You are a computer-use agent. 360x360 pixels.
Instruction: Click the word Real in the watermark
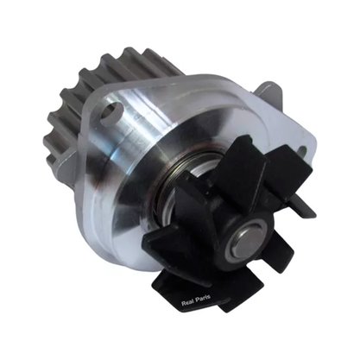[186, 303]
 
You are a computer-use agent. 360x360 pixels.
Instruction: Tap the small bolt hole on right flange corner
[302, 150]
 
